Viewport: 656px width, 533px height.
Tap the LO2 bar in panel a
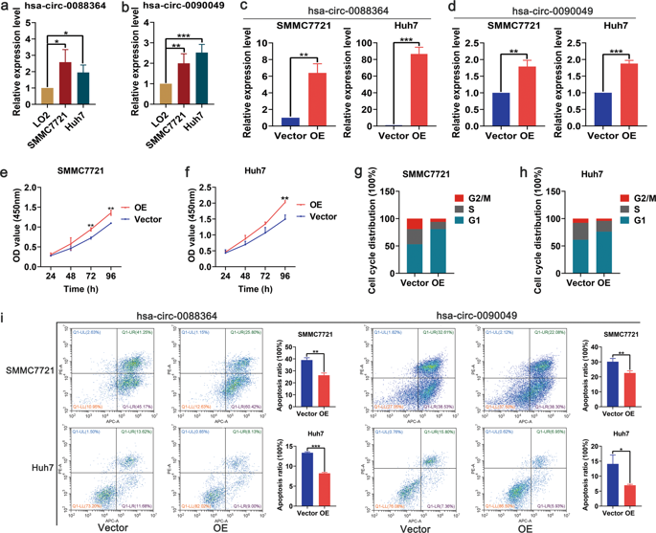tap(45, 101)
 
